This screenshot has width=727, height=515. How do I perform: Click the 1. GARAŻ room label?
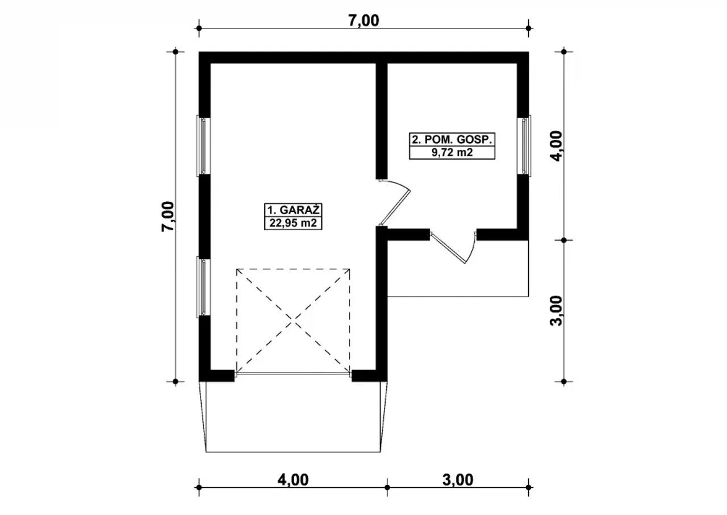pyautogui.click(x=293, y=210)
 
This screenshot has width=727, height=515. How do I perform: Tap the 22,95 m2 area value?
pyautogui.click(x=293, y=223)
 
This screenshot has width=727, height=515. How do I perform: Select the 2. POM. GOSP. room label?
pyautogui.click(x=452, y=140)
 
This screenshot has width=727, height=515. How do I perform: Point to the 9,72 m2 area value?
pyautogui.click(x=452, y=152)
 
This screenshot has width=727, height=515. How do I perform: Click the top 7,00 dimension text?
pyautogui.click(x=363, y=20)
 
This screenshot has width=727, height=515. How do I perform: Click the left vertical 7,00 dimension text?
pyautogui.click(x=168, y=216)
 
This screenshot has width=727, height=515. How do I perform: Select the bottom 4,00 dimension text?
pyautogui.click(x=293, y=480)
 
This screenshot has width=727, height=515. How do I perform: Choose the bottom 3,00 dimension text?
pyautogui.click(x=458, y=480)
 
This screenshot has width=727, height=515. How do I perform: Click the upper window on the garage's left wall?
pyautogui.click(x=203, y=146)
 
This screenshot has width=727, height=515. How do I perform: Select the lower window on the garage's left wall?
pyautogui.click(x=203, y=286)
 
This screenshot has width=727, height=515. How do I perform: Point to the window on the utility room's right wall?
pyautogui.click(x=524, y=146)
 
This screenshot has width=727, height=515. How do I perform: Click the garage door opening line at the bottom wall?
pyautogui.click(x=293, y=375)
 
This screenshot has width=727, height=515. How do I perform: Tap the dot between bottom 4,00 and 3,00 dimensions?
pyautogui.click(x=387, y=488)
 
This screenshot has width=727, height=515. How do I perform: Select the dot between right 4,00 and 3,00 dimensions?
pyautogui.click(x=564, y=240)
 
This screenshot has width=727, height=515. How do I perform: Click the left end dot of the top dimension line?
pyautogui.click(x=199, y=28)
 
